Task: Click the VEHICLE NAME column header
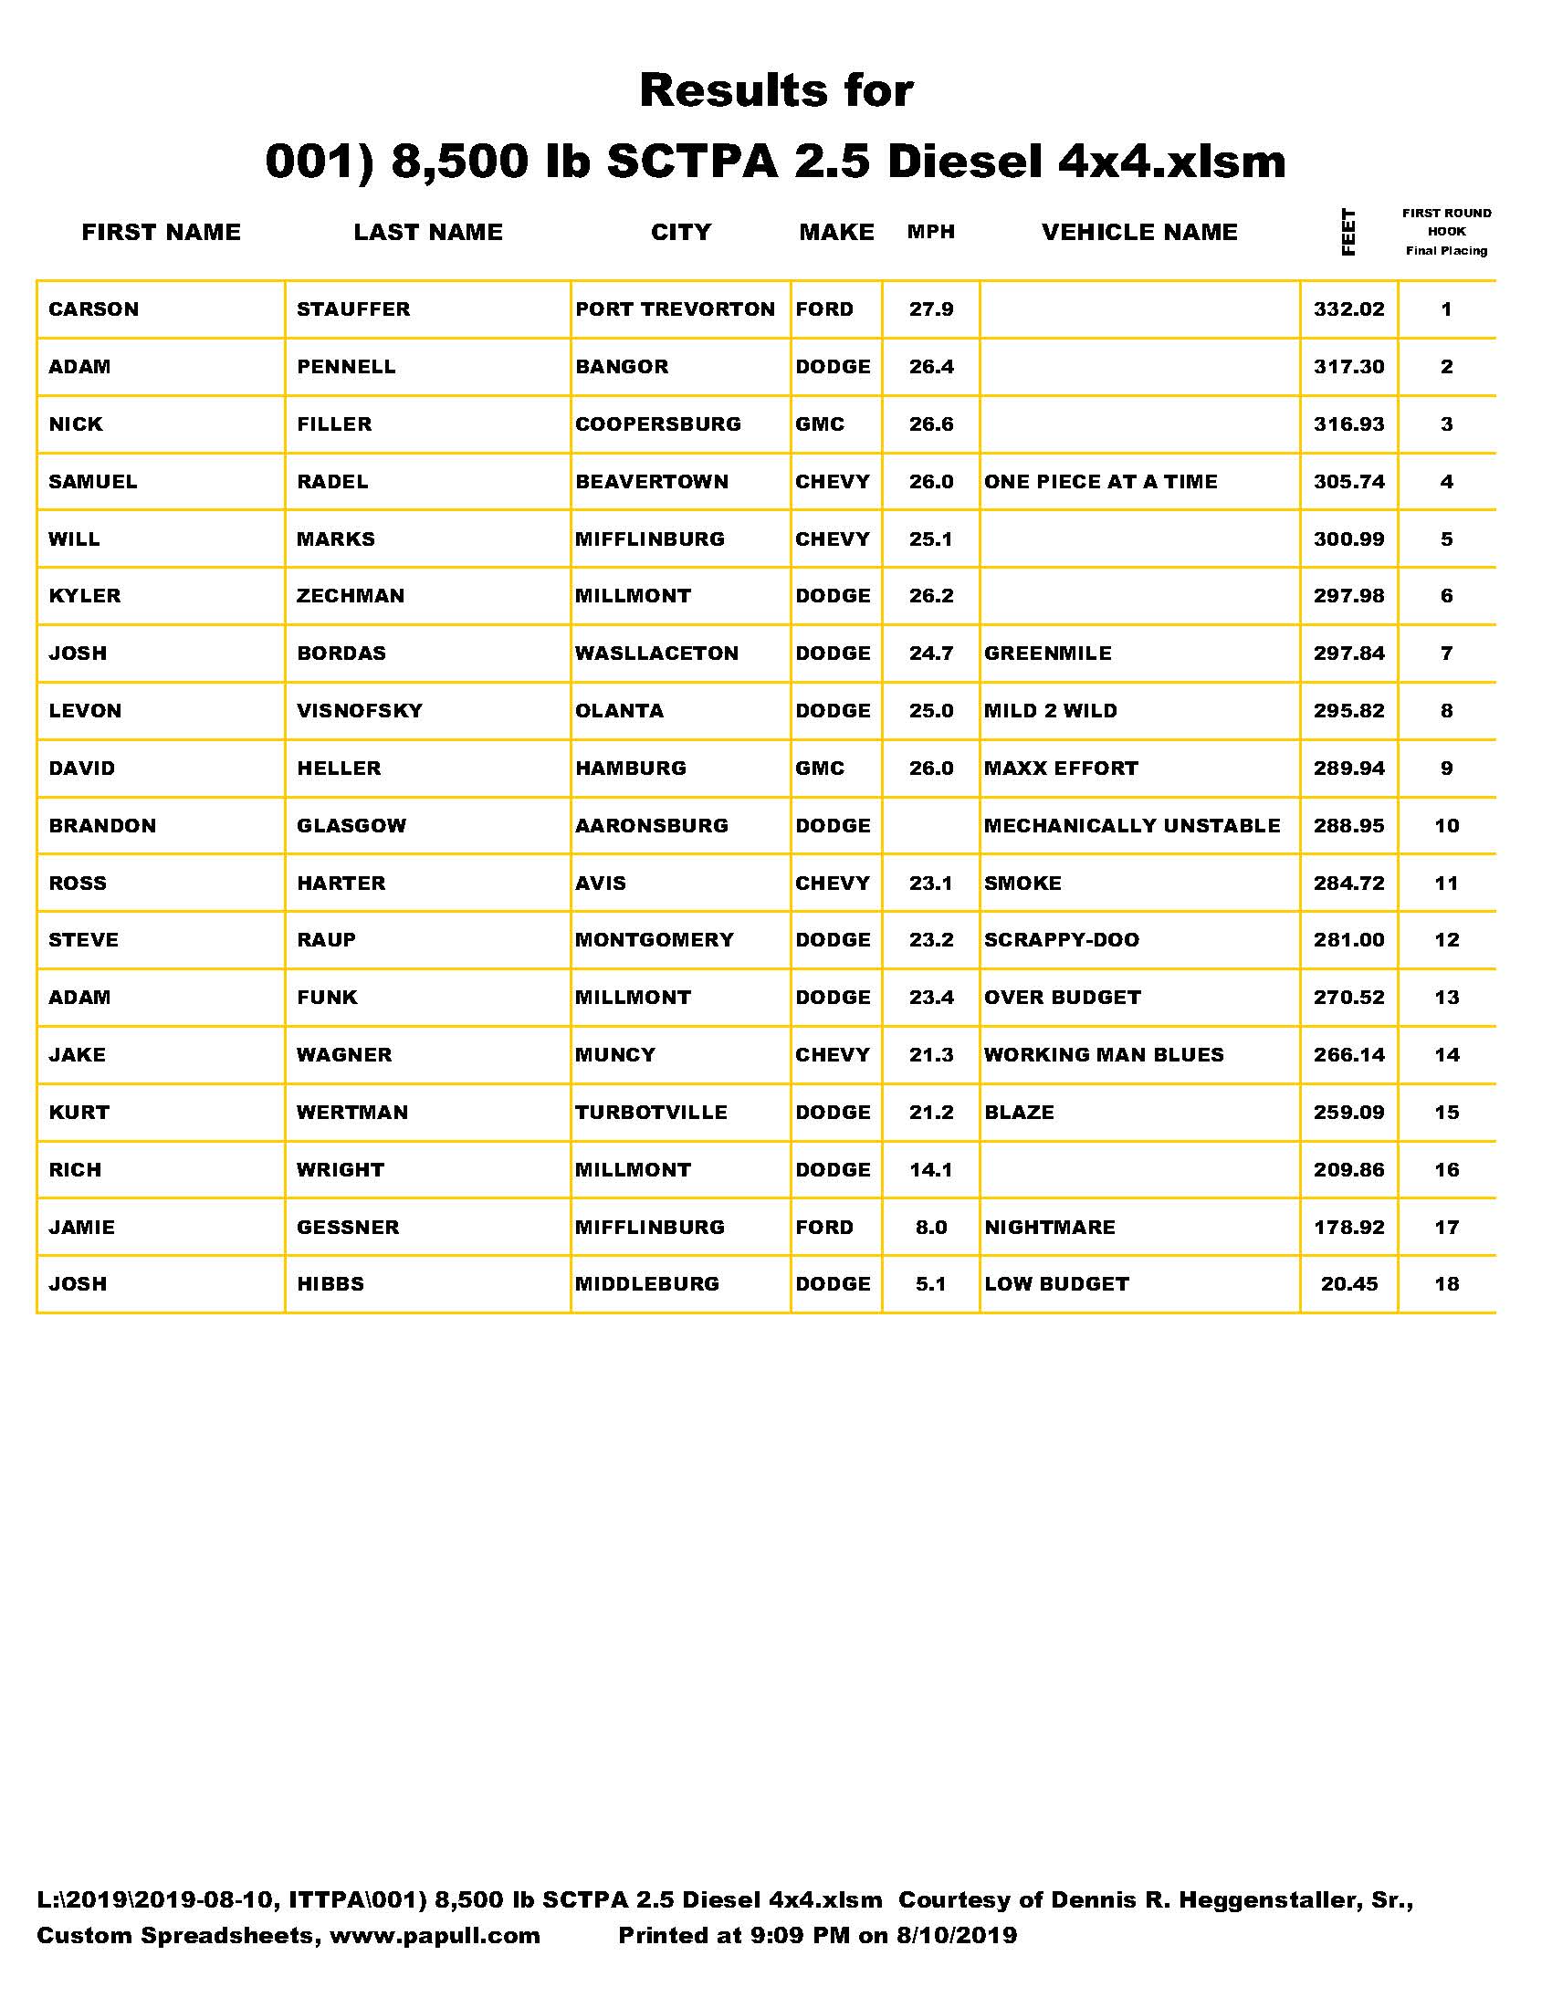point(1139,232)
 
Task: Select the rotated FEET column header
point(1348,233)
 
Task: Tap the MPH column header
point(930,232)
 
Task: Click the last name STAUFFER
point(353,309)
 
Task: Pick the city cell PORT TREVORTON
point(675,309)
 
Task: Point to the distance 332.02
point(1348,309)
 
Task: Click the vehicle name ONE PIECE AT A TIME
point(1101,482)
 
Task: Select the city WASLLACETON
point(656,654)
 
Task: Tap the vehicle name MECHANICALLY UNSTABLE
point(1132,826)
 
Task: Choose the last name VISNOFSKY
point(360,711)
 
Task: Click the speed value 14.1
point(930,1169)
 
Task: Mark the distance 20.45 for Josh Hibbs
point(1348,1284)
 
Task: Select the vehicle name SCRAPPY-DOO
point(1061,939)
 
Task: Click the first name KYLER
point(85,596)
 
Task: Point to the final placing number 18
point(1446,1284)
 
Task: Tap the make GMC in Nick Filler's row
point(819,424)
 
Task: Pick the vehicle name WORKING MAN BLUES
point(1104,1054)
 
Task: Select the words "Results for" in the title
point(776,90)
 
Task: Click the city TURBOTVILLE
point(651,1113)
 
